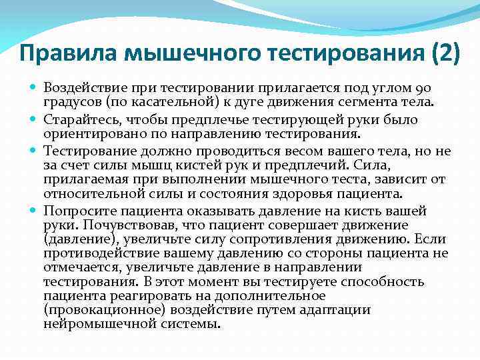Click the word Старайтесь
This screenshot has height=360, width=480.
[79, 119]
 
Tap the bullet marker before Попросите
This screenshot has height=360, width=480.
[34, 210]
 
